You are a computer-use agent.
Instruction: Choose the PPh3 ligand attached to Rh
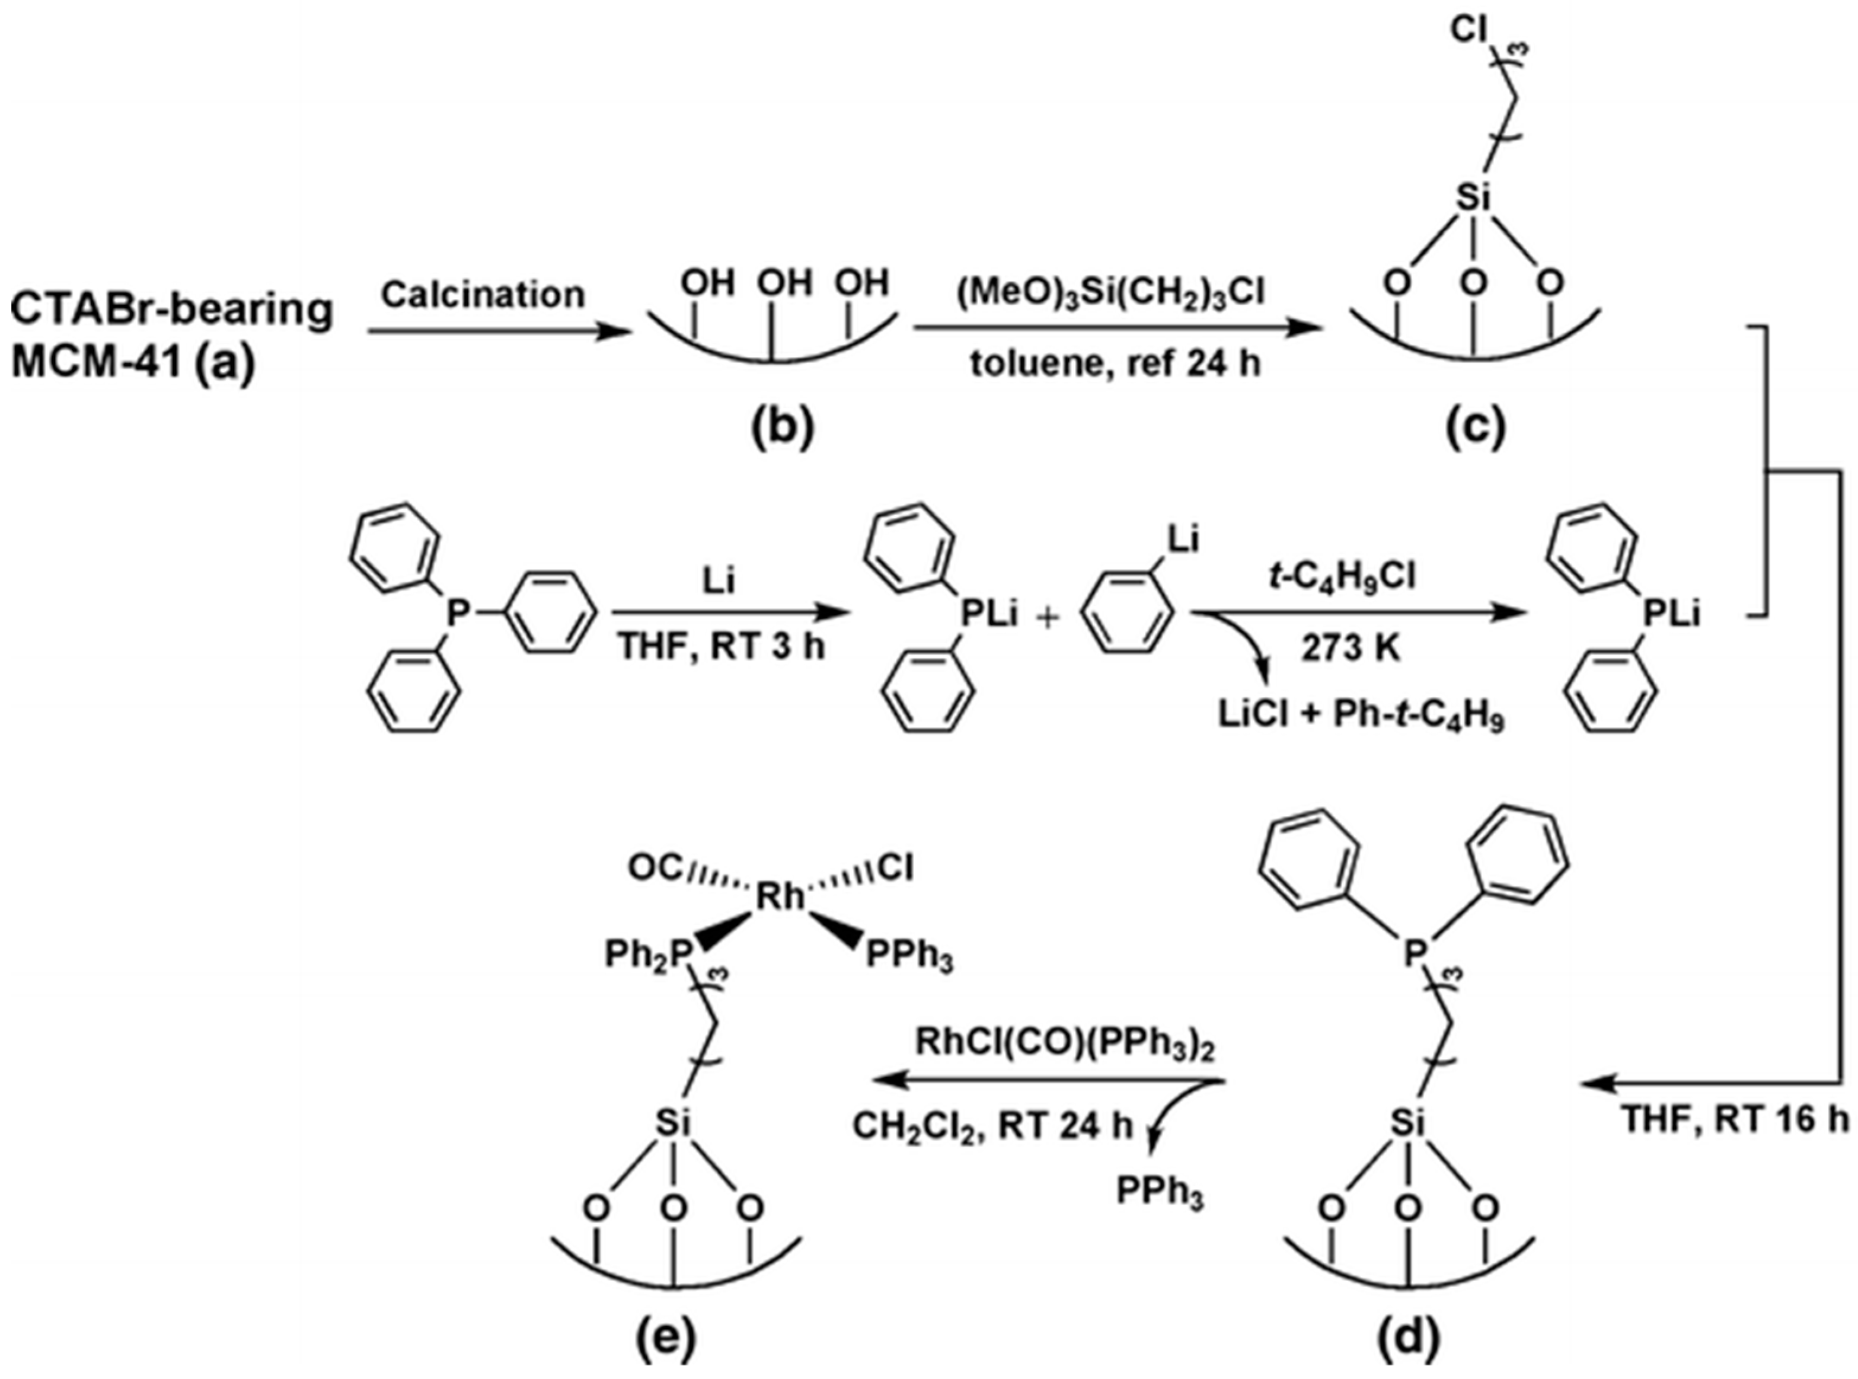[908, 957]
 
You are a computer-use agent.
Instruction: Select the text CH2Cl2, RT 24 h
[992, 1127]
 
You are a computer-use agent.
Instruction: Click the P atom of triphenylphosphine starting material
[456, 616]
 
